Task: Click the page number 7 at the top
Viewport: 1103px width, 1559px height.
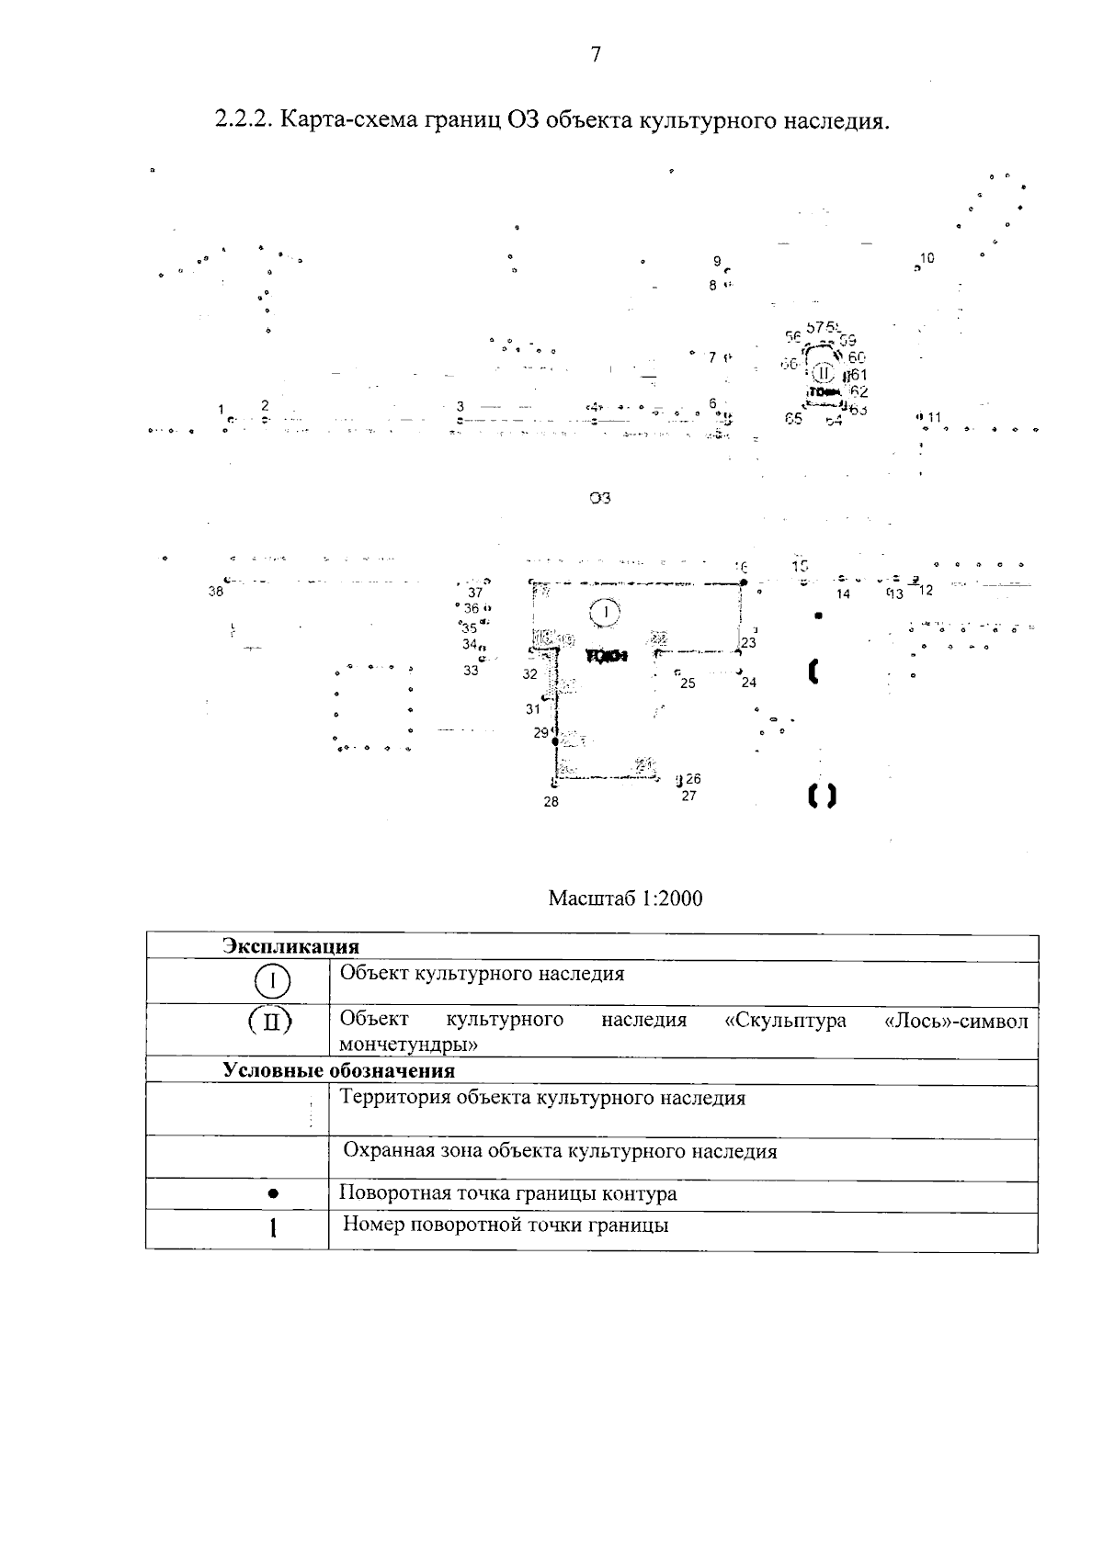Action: click(596, 55)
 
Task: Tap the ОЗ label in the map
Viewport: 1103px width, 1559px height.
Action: click(600, 499)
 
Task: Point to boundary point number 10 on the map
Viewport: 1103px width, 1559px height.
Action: click(927, 258)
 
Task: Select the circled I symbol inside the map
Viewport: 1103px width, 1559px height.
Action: click(604, 611)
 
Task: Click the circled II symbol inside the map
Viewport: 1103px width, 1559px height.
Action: click(824, 374)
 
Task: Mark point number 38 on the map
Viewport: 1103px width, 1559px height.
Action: click(216, 593)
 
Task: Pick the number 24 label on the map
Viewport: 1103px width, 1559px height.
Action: click(749, 683)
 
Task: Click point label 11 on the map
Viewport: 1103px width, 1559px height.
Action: click(934, 418)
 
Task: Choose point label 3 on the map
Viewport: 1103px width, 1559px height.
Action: click(461, 406)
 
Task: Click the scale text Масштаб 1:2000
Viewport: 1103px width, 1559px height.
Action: click(625, 898)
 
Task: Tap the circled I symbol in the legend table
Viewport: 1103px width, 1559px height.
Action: click(272, 981)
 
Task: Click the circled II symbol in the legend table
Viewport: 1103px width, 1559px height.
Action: click(270, 1022)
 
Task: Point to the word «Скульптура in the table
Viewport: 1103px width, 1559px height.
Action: click(785, 1021)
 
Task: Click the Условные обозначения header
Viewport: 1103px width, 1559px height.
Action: click(338, 1071)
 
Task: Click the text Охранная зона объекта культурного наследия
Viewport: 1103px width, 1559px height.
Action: click(560, 1152)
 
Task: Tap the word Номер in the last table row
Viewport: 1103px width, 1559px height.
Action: click(372, 1226)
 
